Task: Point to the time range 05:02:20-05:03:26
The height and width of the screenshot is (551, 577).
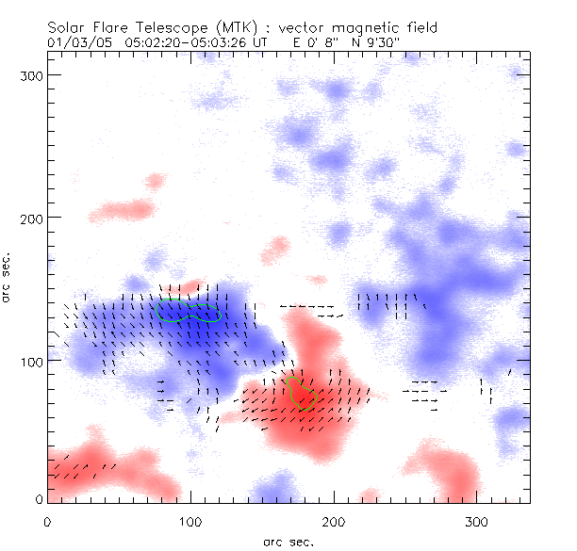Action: (183, 42)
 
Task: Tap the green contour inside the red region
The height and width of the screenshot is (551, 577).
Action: (301, 392)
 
